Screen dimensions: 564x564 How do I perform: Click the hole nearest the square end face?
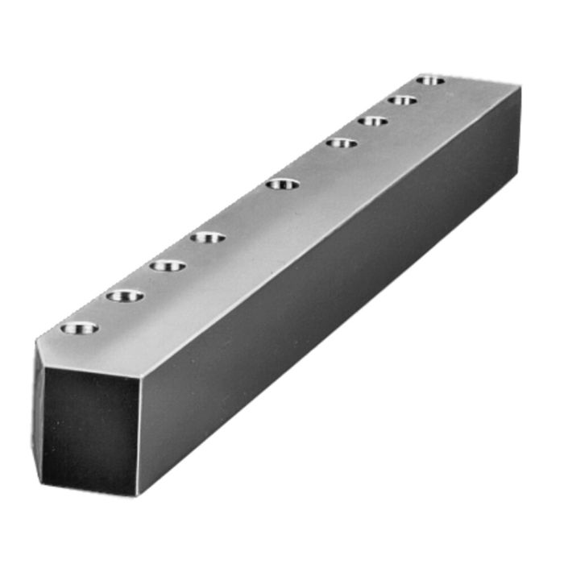[x=79, y=328]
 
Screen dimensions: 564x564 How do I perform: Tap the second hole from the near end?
[x=124, y=296]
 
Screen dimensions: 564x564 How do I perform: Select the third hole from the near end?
[x=168, y=266]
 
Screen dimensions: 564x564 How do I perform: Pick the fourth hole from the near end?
[x=209, y=238]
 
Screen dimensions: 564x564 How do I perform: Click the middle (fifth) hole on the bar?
[x=282, y=185]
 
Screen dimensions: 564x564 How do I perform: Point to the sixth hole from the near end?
[x=342, y=143]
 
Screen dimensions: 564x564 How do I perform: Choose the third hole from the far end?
[x=372, y=122]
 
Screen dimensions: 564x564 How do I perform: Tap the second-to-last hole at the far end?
[x=401, y=101]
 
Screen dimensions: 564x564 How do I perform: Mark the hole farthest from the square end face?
[x=431, y=80]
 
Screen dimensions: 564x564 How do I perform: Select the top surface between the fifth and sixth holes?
[x=313, y=164]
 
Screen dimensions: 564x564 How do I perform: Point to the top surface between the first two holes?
[x=102, y=312]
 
